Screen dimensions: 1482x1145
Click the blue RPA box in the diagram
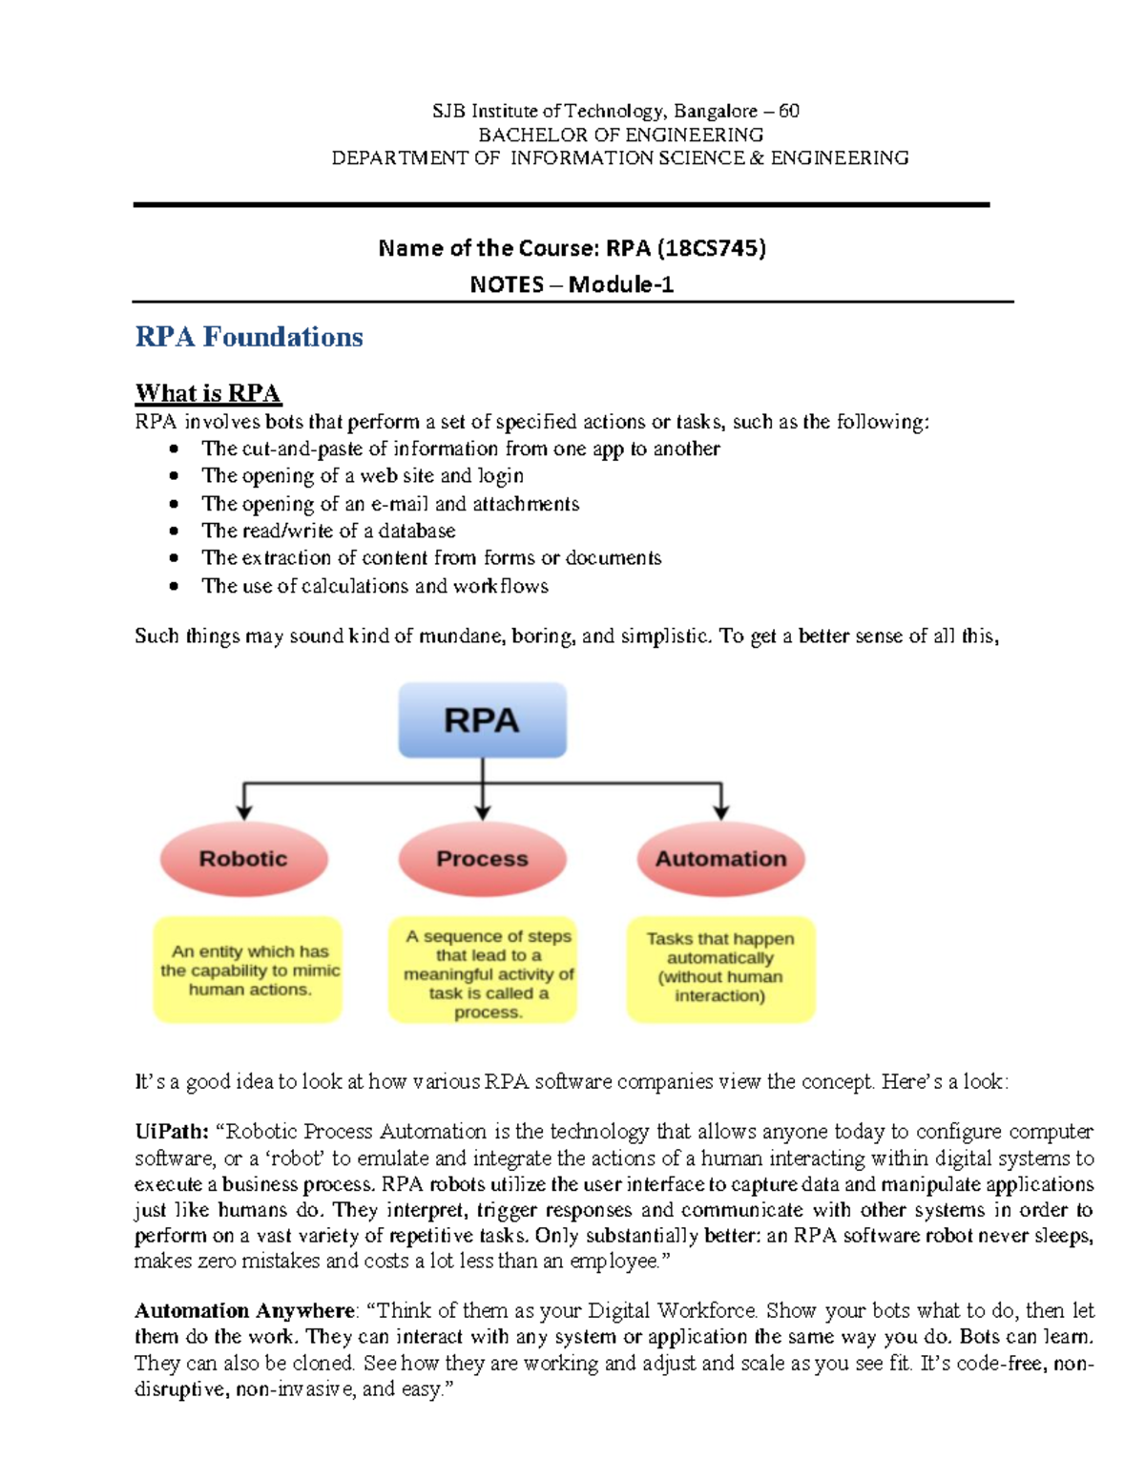[482, 720]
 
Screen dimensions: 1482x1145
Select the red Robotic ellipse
[243, 859]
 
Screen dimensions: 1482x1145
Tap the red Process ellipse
[482, 859]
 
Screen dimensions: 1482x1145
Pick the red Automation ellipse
[720, 859]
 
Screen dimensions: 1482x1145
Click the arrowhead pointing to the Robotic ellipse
[244, 812]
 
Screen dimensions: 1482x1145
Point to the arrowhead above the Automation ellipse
[720, 812]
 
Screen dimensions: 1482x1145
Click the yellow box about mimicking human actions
[248, 970]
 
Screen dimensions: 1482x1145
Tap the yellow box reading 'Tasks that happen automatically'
[720, 969]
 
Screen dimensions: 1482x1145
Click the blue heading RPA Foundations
[248, 337]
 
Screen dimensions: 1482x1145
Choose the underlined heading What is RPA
[207, 393]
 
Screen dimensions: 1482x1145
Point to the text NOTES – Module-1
[572, 284]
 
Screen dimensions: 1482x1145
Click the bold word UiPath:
[171, 1132]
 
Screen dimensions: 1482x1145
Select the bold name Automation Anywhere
[243, 1310]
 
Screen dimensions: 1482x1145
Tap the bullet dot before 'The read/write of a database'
[174, 531]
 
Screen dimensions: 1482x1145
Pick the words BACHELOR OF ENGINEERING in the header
[620, 135]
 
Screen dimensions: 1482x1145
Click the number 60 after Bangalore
[789, 111]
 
